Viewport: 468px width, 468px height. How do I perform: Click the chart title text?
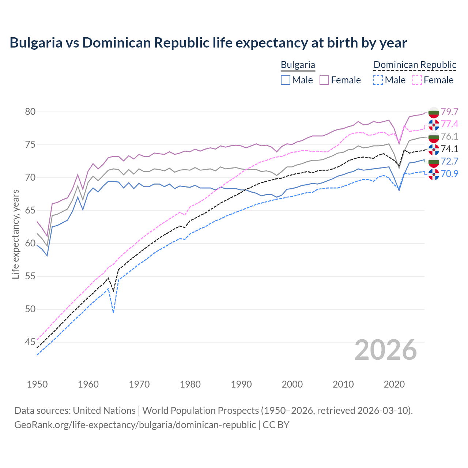point(208,43)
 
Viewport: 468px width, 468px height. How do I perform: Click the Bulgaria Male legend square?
point(286,80)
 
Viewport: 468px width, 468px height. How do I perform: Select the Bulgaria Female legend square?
point(324,80)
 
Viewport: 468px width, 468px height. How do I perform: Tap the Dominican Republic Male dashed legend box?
point(378,80)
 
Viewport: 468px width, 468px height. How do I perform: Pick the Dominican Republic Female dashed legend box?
point(417,80)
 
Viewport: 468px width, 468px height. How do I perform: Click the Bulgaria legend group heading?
point(298,65)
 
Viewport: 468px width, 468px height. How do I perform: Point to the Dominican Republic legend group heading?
point(415,65)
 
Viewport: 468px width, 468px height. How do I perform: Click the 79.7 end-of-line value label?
point(449,112)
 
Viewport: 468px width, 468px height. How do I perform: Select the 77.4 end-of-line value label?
point(449,124)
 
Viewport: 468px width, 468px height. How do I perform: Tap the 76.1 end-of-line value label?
point(449,136)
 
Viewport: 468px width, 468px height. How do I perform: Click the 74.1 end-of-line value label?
point(449,149)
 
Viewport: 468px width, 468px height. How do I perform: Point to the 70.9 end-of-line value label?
point(449,174)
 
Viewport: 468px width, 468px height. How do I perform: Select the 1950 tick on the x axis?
point(37,384)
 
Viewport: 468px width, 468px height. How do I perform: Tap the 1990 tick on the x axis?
point(241,384)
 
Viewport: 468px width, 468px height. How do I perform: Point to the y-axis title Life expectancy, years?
point(15,234)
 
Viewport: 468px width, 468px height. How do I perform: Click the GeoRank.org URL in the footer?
point(135,425)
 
